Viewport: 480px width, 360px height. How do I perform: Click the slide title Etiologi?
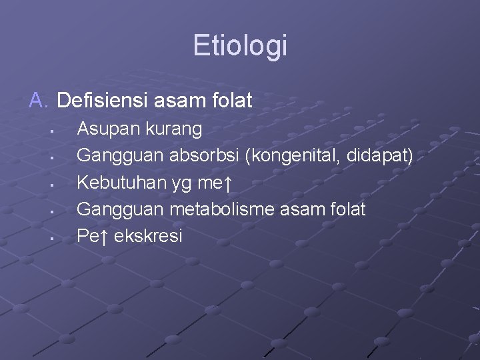click(240, 46)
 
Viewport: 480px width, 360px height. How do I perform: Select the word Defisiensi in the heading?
click(105, 101)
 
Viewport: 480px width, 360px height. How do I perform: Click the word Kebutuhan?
click(117, 183)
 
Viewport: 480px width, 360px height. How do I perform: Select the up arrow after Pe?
click(105, 236)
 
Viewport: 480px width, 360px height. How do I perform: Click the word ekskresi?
click(148, 236)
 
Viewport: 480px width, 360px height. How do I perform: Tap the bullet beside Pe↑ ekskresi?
click(51, 237)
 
